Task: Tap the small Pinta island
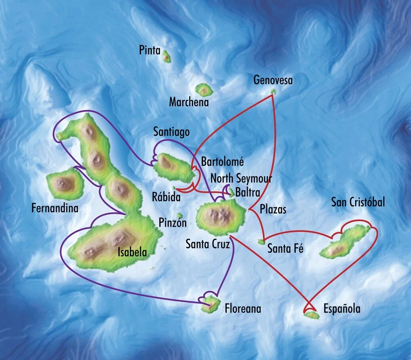point(167,57)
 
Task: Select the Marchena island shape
point(205,90)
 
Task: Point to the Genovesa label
point(273,81)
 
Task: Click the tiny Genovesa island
point(273,92)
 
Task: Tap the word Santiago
point(172,132)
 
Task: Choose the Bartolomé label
point(222,162)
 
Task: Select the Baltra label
point(247,193)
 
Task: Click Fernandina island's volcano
point(63,183)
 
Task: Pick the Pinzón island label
point(172,222)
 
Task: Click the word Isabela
point(132,252)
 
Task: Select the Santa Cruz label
point(208,244)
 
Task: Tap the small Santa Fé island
point(261,241)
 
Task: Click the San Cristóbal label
point(358,202)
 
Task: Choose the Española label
point(342,309)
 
